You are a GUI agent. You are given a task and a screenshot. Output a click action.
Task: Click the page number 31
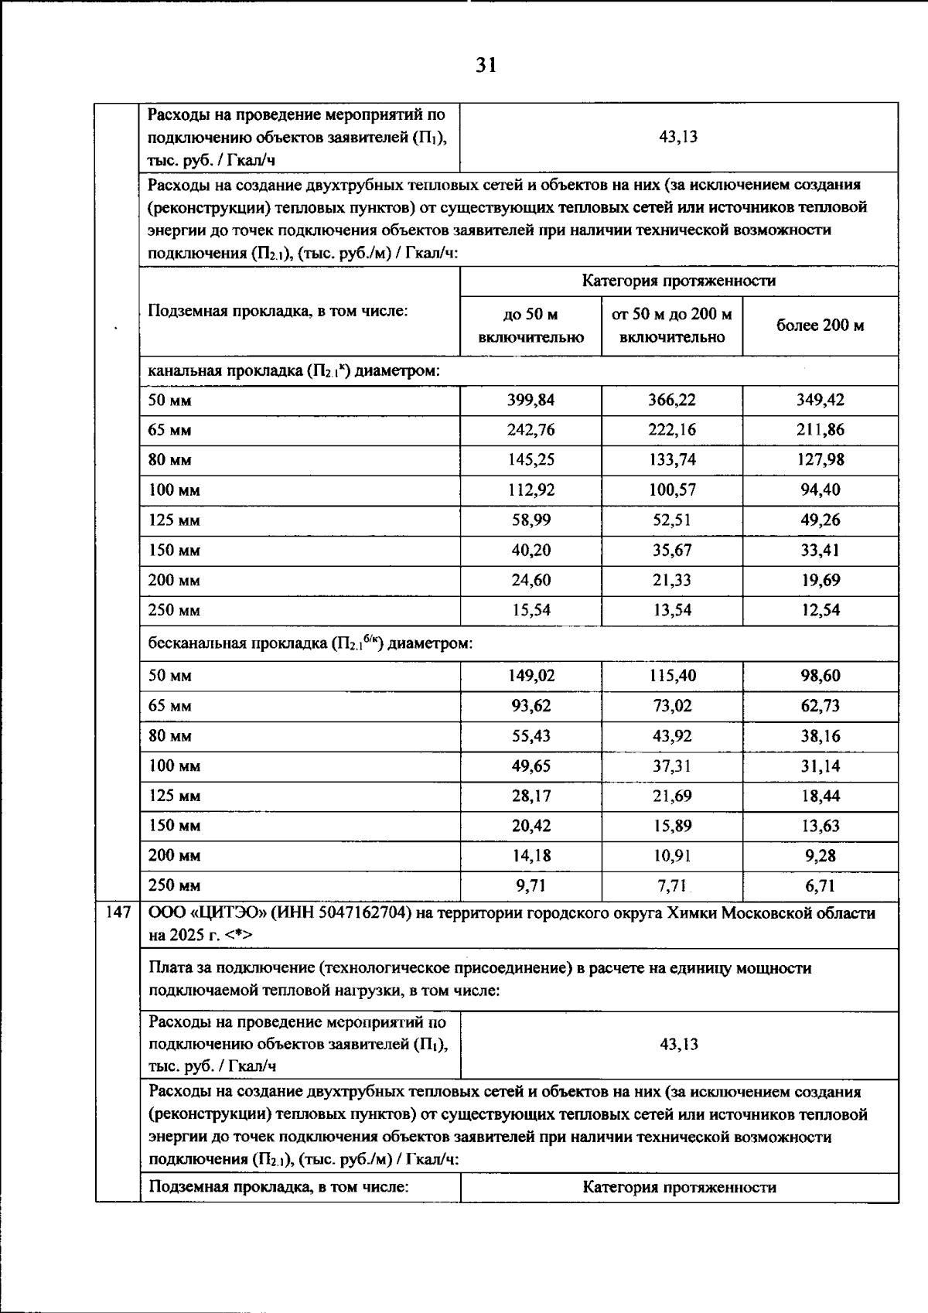click(486, 66)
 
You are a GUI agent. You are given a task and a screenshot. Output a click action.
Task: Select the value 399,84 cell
click(531, 400)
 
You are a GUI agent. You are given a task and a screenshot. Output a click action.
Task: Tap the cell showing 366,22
click(671, 400)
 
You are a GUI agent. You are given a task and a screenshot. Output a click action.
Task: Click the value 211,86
click(820, 430)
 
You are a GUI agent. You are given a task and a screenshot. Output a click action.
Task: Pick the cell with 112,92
click(531, 489)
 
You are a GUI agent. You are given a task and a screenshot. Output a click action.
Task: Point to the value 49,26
click(820, 520)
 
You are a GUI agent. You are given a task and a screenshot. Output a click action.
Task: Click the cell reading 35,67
click(671, 550)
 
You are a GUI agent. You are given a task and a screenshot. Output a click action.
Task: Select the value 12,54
click(820, 610)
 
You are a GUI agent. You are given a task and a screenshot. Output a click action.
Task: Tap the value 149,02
click(531, 675)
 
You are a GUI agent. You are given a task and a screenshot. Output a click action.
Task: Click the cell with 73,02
click(671, 705)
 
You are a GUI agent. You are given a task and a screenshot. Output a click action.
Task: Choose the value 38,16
click(820, 735)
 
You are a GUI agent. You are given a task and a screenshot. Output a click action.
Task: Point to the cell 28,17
click(531, 796)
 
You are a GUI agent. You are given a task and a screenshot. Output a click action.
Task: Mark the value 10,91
click(671, 856)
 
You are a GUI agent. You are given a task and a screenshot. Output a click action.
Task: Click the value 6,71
click(820, 885)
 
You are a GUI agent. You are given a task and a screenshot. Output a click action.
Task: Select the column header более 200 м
click(820, 326)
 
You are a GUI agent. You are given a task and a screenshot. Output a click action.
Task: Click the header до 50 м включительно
click(531, 326)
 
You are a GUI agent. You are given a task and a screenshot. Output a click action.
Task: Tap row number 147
click(118, 913)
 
